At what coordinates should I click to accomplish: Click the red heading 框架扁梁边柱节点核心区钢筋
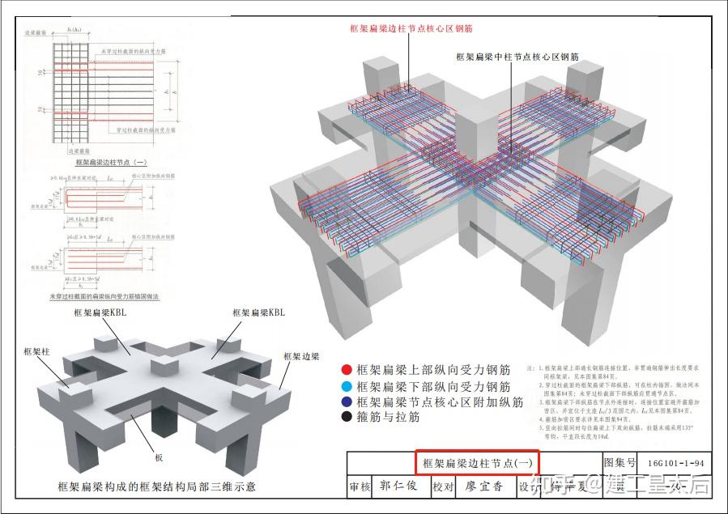(411, 28)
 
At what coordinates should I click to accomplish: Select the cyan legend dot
(346, 387)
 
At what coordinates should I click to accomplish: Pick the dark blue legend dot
(346, 402)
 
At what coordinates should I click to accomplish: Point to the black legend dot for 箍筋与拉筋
(346, 418)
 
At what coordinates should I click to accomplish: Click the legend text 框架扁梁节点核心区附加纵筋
(440, 402)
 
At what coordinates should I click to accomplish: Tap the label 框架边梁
(301, 356)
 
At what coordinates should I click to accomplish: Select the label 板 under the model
(160, 457)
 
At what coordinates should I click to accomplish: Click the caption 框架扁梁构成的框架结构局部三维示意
(156, 486)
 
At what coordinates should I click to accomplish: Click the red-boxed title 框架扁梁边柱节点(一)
(477, 463)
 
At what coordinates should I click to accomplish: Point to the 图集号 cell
(619, 463)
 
